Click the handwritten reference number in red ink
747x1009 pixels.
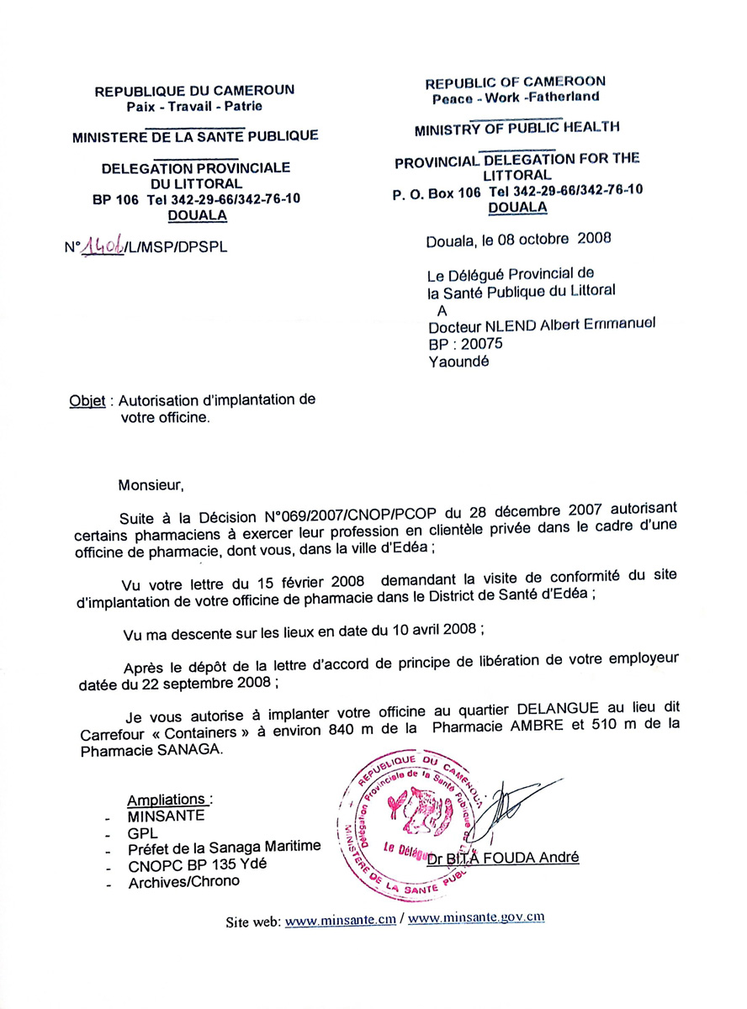[x=101, y=246]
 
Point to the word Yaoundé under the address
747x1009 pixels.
[x=458, y=362]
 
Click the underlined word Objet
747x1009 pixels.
[x=87, y=401]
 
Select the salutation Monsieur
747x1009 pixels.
[x=150, y=485]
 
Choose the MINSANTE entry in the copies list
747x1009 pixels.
[x=167, y=815]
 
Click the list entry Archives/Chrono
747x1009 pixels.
[x=184, y=880]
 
